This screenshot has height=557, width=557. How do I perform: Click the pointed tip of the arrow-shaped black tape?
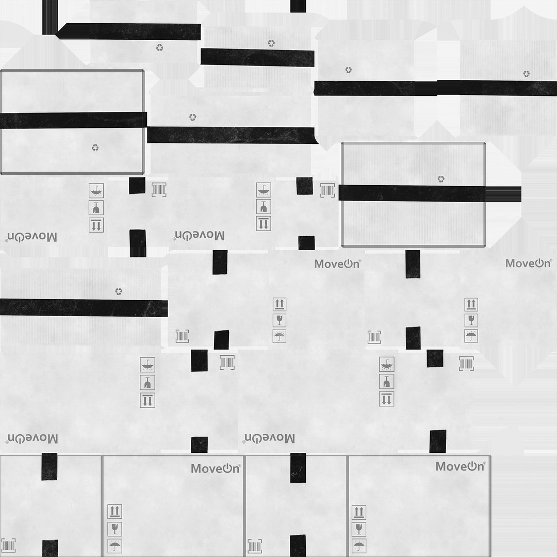point(56,31)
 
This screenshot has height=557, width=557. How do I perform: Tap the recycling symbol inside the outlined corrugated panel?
point(441,178)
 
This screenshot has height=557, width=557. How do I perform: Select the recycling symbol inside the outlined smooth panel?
point(95,147)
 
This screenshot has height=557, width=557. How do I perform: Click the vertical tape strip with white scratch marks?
point(298,468)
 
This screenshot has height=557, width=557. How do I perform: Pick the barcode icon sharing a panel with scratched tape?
point(254,546)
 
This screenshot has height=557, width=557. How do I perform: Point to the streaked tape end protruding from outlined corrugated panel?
point(503,194)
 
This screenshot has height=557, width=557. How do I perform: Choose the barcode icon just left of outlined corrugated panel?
point(327,190)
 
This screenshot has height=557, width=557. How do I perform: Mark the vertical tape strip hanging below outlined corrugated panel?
point(413,264)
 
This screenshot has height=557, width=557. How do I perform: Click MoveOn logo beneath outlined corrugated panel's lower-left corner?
point(337,264)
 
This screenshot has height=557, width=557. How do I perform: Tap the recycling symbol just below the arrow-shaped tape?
point(160,47)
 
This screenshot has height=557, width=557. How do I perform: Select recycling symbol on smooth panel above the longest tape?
point(349,70)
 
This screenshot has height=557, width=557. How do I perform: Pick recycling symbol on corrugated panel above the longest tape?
point(526,74)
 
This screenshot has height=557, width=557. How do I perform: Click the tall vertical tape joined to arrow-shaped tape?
point(50,18)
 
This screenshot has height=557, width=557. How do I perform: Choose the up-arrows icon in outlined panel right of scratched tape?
point(359,512)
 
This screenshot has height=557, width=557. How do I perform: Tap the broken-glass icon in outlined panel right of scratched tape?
point(359,529)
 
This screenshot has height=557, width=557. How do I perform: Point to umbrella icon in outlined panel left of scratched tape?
point(114,545)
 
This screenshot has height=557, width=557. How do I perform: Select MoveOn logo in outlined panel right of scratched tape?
point(461,466)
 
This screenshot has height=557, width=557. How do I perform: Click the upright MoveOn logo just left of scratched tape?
point(216,468)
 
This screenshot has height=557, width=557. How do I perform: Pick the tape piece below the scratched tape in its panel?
point(298,546)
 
